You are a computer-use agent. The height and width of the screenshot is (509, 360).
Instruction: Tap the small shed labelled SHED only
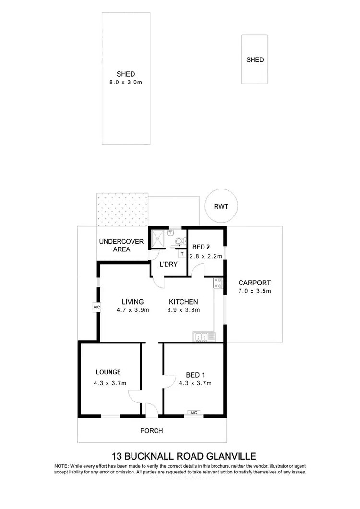pos(254,60)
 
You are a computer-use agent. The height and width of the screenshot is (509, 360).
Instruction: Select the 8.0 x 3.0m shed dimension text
pos(126,83)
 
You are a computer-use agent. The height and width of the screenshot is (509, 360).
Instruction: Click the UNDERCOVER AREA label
pos(121,245)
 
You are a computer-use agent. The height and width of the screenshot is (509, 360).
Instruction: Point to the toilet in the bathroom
pos(180,241)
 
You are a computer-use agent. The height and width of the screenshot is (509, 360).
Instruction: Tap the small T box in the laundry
pos(182,253)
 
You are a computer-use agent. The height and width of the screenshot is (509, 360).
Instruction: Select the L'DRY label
pos(168,264)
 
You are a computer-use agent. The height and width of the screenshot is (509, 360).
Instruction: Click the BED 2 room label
pos(202,247)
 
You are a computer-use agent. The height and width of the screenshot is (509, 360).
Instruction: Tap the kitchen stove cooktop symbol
pos(217,284)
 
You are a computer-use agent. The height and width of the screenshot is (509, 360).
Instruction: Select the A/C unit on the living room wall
pos(96,307)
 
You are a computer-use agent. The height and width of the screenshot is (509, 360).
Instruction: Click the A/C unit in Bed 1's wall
pos(194,413)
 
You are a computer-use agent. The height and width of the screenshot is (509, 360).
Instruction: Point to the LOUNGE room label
pos(108,372)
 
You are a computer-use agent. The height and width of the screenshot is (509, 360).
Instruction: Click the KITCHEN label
pos(183,302)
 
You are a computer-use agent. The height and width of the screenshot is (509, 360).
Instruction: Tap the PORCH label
pos(151,431)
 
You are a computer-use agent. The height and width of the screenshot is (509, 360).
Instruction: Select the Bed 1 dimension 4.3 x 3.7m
pos(195,383)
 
